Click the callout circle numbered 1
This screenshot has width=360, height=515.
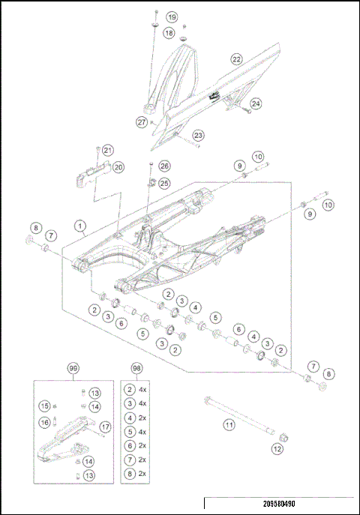click(79, 225)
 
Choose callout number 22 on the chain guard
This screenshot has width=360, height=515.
click(236, 58)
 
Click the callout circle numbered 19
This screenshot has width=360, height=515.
click(172, 16)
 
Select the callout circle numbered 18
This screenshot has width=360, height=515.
click(169, 33)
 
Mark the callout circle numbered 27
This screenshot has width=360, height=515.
click(141, 121)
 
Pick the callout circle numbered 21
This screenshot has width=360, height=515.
click(107, 150)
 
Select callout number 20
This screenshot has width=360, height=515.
click(118, 166)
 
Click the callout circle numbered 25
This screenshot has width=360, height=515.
click(164, 183)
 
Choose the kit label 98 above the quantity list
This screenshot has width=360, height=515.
click(135, 370)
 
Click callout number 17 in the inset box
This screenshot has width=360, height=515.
click(104, 427)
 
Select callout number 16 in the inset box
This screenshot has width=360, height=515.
click(45, 423)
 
